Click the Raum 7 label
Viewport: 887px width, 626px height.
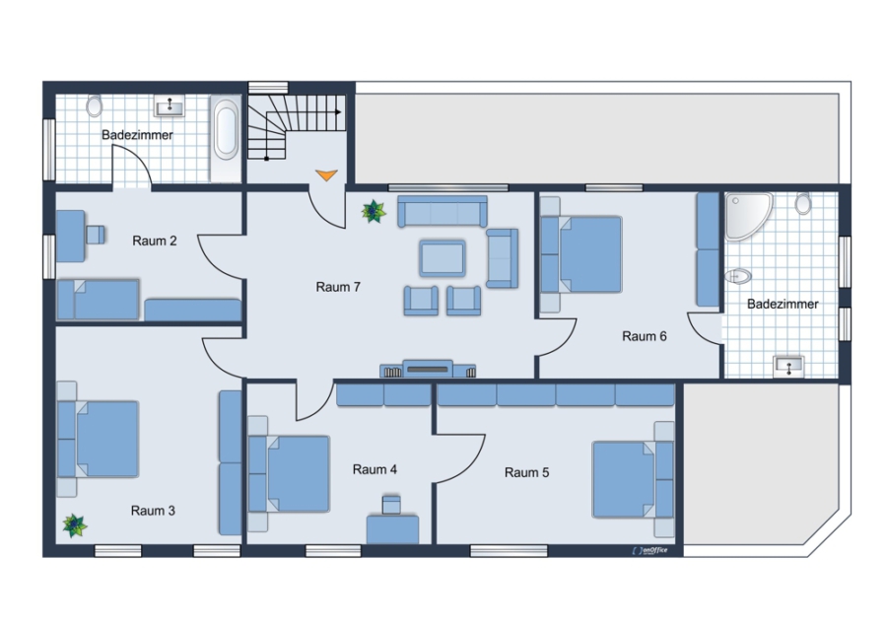(338, 287)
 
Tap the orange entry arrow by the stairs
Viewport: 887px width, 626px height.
(326, 174)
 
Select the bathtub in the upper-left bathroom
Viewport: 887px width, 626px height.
(227, 129)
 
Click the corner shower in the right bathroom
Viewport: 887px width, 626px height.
(747, 216)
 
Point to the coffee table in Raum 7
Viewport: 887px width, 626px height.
(443, 258)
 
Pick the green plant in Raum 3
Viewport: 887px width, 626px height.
(75, 525)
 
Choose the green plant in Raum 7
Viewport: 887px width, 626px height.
(374, 211)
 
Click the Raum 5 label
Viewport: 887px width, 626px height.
(526, 472)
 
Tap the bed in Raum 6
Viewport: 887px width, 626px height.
(580, 254)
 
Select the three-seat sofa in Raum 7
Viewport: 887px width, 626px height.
(443, 211)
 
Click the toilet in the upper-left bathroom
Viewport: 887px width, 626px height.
(94, 105)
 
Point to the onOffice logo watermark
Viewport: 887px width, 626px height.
(650, 550)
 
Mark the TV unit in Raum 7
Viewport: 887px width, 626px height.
(428, 369)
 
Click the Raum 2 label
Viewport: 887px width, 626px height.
(155, 241)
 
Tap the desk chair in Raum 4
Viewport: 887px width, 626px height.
(391, 505)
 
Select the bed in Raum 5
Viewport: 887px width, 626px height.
(634, 479)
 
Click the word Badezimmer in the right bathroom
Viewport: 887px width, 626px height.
(783, 304)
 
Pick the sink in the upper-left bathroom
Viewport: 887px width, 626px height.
(170, 105)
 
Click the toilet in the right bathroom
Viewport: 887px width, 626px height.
(802, 203)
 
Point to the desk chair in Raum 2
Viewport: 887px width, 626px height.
(96, 235)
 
